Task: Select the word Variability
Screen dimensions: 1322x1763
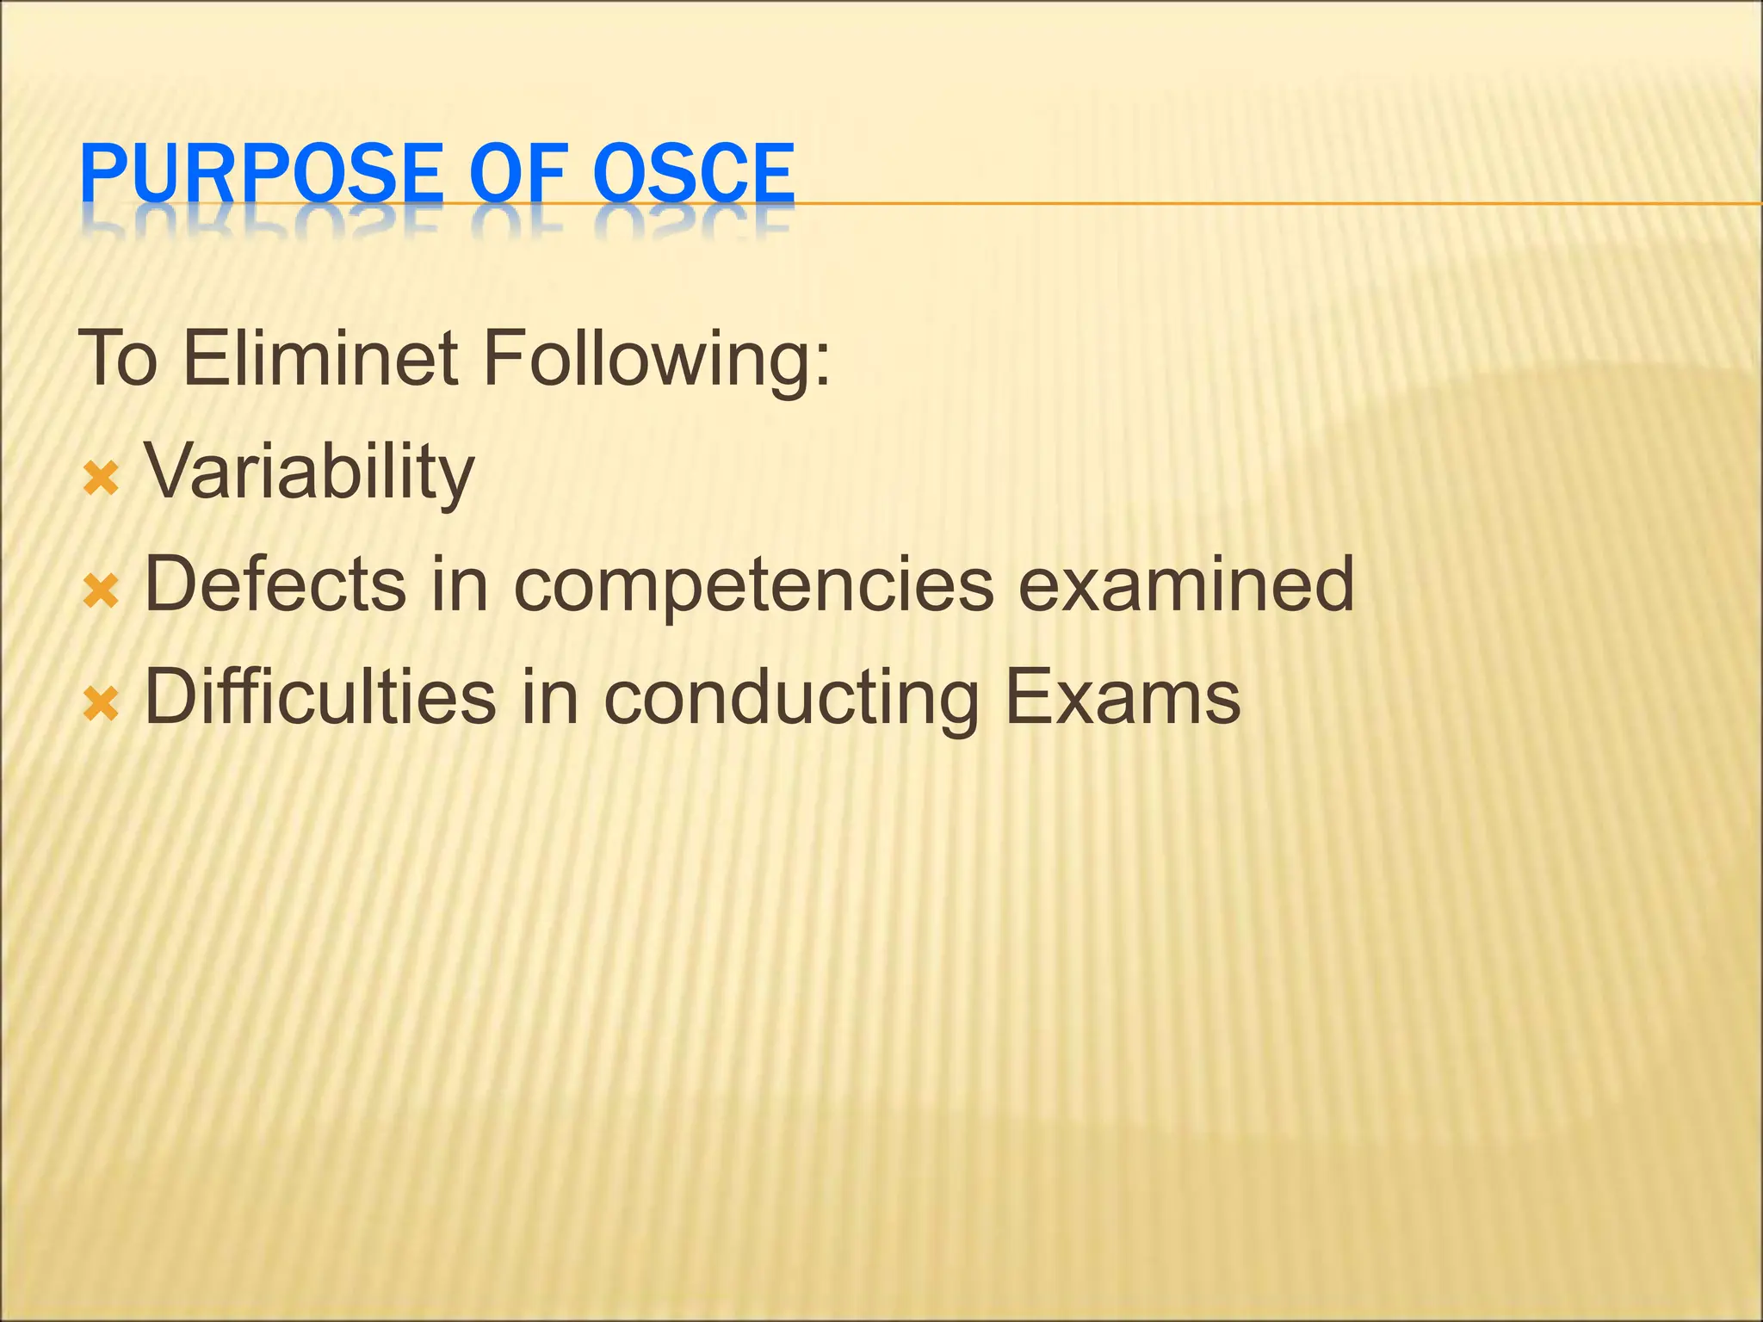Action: coord(309,473)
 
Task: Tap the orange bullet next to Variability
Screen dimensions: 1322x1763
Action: coord(100,479)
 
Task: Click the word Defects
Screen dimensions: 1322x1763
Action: coord(275,584)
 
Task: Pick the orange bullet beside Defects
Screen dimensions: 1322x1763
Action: coord(100,592)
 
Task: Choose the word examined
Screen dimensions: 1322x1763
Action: coord(1186,584)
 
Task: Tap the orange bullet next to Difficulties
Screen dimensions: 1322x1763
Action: coord(100,705)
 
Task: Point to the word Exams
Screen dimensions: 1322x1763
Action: coord(1123,696)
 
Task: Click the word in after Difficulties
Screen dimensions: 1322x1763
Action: coord(551,696)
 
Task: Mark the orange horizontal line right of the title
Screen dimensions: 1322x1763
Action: coord(1274,204)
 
